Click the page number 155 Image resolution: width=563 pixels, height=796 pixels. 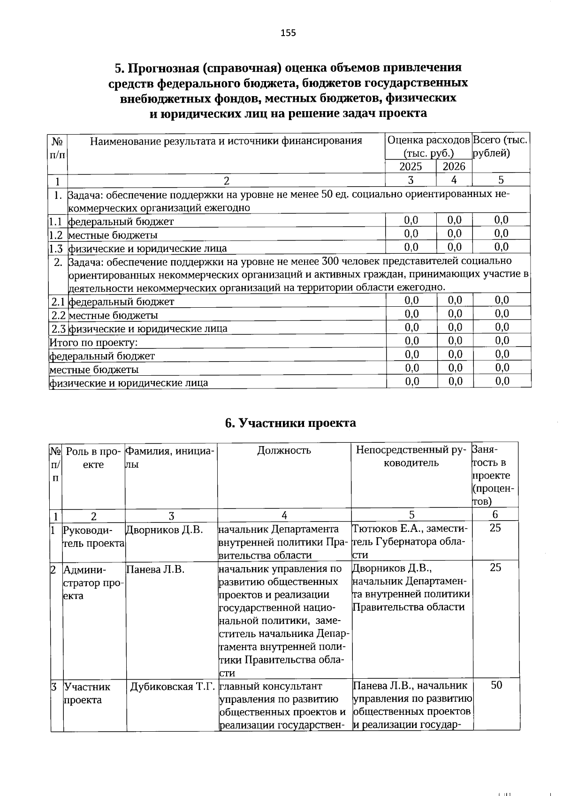(288, 33)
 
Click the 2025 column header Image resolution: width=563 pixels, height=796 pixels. (411, 167)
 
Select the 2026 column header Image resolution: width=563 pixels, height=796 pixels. (454, 167)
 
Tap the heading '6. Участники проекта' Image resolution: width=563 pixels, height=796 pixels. (290, 423)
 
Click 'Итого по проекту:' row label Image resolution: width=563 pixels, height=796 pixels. (93, 342)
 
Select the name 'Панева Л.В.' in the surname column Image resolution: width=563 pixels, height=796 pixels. (155, 569)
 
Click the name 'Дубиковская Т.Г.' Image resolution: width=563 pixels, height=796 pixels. (172, 687)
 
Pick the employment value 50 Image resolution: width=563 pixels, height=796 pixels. (496, 685)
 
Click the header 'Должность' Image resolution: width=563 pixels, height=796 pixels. (284, 451)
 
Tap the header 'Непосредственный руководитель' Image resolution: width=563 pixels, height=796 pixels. (411, 456)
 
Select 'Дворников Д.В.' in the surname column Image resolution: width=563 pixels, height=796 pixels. (164, 530)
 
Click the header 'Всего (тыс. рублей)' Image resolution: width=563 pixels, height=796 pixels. (500, 146)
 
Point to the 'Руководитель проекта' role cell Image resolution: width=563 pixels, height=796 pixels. (93, 537)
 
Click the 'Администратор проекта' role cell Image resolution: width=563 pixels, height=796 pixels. (93, 583)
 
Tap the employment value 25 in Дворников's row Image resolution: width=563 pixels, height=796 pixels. (495, 528)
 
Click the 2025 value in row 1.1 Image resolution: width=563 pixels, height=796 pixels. (411, 220)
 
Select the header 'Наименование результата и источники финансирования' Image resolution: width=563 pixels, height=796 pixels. (226, 141)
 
